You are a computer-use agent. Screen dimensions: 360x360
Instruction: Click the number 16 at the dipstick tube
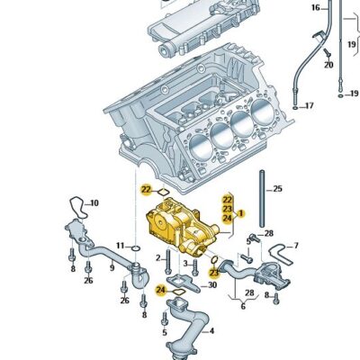316,8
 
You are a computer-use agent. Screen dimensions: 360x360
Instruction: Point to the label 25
277,189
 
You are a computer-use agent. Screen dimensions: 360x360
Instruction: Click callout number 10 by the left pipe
94,203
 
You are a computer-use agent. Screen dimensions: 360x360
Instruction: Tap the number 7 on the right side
297,246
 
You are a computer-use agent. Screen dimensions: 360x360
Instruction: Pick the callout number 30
212,285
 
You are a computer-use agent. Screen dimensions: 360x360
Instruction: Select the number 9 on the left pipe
113,266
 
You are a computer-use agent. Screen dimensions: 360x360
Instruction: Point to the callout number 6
242,306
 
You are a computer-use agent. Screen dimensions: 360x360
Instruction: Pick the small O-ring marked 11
134,246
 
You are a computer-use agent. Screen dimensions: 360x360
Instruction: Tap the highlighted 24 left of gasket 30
159,290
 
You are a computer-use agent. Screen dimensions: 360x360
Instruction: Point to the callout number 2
157,257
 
